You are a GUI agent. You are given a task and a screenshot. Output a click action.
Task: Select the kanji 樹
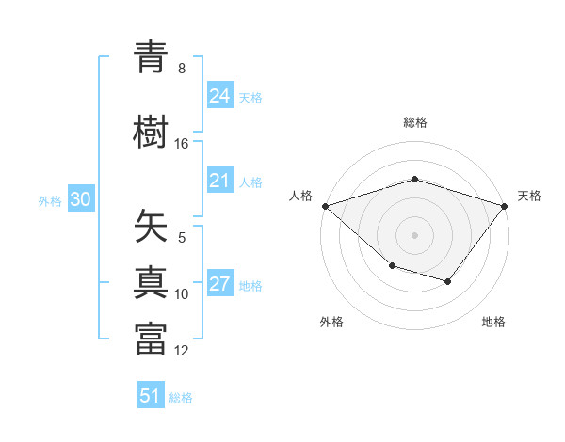(151, 133)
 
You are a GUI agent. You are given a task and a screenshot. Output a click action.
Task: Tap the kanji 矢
(151, 227)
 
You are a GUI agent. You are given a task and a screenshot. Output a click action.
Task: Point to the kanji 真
(151, 282)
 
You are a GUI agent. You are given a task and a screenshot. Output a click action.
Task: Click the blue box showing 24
(220, 95)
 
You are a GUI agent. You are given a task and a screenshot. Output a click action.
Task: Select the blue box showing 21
(220, 181)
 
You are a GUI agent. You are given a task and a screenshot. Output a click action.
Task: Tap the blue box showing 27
(220, 284)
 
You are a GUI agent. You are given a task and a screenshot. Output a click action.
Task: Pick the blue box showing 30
(80, 199)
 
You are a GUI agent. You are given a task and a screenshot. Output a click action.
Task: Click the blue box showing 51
(151, 396)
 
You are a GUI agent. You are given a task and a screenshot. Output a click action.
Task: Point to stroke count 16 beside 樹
(182, 144)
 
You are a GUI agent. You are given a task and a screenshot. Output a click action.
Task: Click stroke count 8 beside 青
(182, 69)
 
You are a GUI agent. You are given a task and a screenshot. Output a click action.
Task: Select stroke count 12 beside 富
(182, 351)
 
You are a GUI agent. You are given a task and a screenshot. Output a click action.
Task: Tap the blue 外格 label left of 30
(50, 200)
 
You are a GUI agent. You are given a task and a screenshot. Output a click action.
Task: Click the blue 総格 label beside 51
(181, 398)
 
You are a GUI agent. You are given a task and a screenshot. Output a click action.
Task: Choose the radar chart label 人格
(301, 196)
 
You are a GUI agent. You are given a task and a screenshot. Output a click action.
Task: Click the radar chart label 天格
(529, 196)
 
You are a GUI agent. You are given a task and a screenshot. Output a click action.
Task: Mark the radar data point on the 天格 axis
(505, 205)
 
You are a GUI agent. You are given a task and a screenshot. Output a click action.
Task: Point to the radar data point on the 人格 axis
(325, 205)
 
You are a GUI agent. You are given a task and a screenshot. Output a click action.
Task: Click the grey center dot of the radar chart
(414, 234)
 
